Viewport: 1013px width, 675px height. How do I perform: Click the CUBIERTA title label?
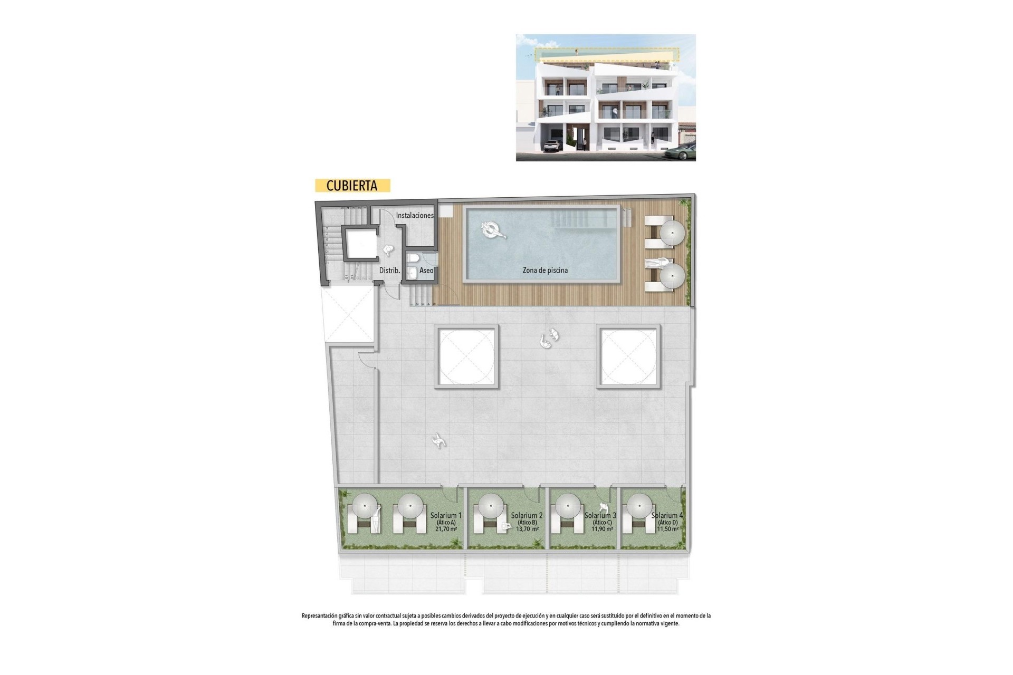click(352, 186)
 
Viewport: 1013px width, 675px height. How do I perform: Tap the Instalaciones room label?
click(415, 215)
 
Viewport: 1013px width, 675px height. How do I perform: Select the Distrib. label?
click(390, 271)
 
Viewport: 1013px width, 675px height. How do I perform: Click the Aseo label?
click(426, 271)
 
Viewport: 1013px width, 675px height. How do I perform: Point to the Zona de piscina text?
click(545, 270)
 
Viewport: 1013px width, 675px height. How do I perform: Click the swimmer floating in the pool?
click(493, 230)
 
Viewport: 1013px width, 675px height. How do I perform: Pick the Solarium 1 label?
click(446, 515)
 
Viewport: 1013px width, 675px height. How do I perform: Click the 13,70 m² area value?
click(528, 529)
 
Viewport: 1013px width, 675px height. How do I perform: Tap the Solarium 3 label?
click(600, 515)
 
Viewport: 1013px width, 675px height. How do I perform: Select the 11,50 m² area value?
click(667, 529)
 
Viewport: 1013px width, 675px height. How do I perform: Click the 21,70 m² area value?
click(446, 529)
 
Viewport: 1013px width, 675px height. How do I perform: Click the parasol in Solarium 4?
click(639, 506)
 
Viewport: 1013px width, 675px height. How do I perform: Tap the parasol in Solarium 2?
click(491, 506)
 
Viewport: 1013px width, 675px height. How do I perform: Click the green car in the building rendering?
click(680, 152)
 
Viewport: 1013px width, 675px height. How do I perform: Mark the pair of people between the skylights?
click(549, 339)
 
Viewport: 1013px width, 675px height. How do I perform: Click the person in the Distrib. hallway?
click(389, 251)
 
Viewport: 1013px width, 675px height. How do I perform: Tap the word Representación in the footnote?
click(319, 616)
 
